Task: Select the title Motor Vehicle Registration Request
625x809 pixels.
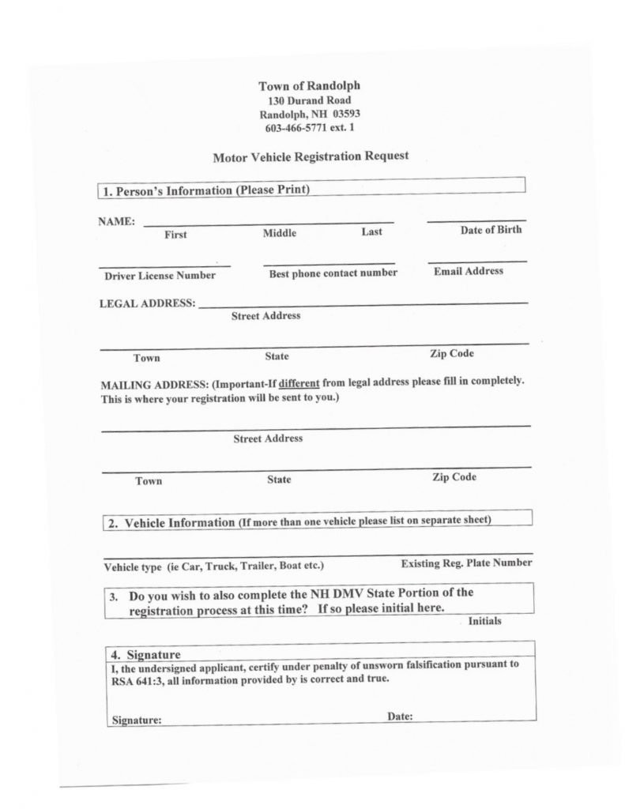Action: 311,156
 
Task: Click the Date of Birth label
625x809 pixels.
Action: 491,230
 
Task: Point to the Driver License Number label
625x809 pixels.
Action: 160,276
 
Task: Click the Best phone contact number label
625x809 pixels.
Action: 333,273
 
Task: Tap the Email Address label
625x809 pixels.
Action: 468,271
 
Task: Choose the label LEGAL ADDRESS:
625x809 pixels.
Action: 148,303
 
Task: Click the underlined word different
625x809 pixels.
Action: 299,382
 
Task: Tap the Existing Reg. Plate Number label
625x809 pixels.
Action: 466,563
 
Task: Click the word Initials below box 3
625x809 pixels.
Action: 484,621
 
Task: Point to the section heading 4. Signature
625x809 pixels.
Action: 146,654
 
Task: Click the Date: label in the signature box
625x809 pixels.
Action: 400,717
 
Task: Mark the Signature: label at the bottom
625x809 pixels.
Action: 137,721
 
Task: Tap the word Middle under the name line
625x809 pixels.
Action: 280,233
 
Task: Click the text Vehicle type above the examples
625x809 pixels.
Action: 133,567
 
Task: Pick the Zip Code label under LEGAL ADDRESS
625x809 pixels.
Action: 452,353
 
